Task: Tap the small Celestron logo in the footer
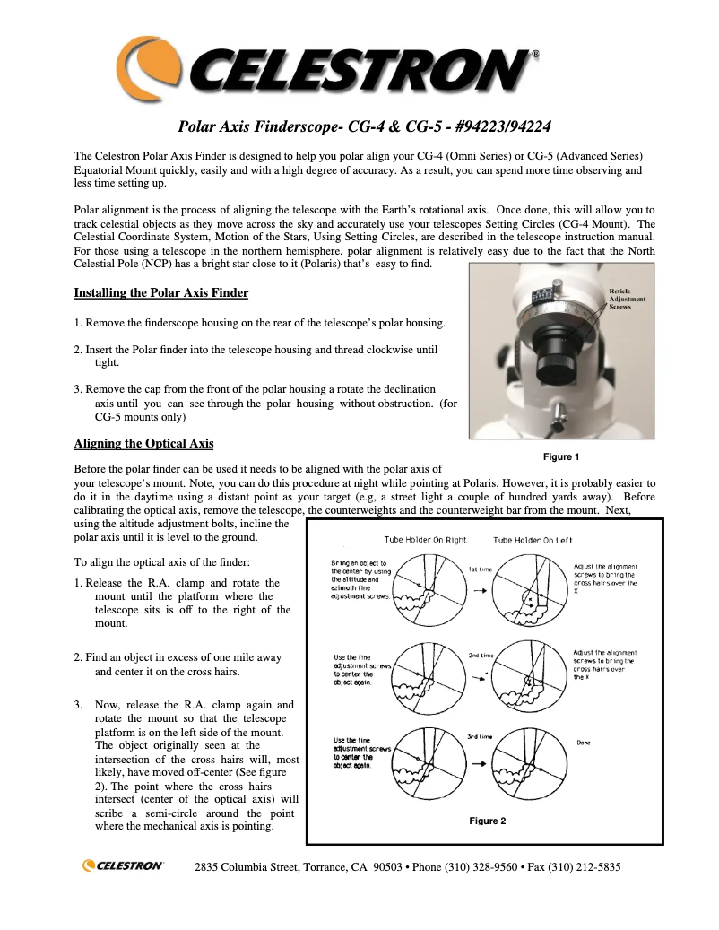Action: coord(123,865)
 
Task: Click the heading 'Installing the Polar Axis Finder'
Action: coord(160,293)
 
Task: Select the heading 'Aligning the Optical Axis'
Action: coord(143,443)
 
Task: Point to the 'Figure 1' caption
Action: coord(562,456)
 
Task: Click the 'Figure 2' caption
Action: coord(488,821)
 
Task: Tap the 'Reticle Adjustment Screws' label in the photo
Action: coord(627,299)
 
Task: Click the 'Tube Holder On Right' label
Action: coord(425,540)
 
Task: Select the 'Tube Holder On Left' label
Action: coord(533,540)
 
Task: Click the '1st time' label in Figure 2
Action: coord(480,569)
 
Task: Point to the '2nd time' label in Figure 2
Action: coord(480,655)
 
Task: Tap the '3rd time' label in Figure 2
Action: coord(479,736)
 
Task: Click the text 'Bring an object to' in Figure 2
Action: coord(359,563)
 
